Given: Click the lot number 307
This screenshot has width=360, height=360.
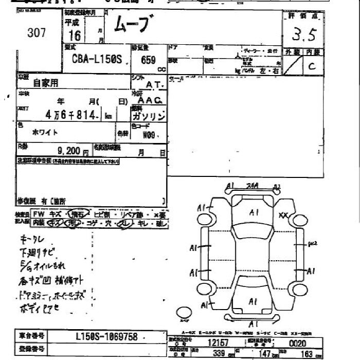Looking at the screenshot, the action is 37,33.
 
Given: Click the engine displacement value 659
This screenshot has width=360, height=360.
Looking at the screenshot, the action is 148,60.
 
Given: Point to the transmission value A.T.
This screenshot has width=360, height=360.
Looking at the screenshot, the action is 154,84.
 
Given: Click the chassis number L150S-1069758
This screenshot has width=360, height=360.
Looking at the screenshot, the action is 106,337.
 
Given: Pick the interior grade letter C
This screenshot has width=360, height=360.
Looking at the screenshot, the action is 312,66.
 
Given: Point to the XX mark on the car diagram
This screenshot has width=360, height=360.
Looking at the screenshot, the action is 283,215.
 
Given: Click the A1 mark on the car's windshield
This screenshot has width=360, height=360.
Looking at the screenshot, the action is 254,212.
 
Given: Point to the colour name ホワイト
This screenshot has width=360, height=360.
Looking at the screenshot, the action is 45,132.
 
